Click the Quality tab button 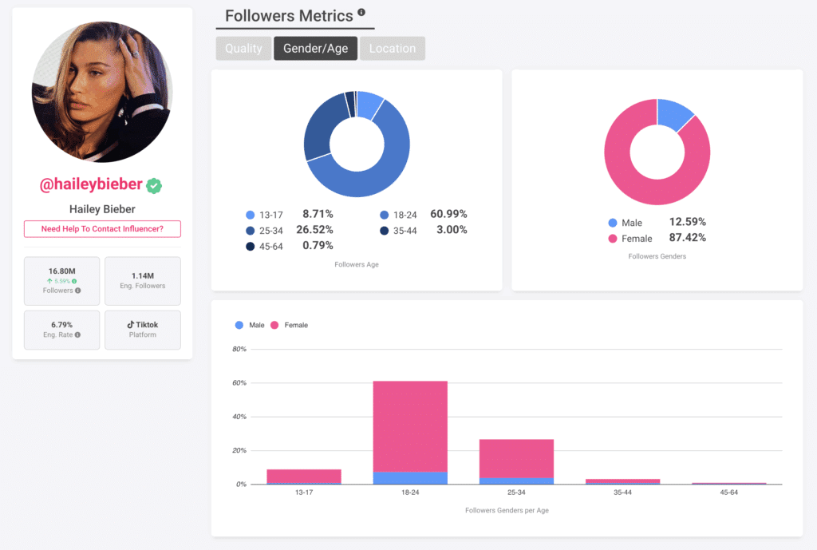point(243,49)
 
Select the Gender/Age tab point(315,49)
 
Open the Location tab point(392,49)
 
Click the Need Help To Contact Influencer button point(102,229)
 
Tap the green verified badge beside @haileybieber point(154,185)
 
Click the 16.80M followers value point(62,271)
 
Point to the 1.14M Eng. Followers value point(143,275)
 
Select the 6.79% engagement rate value point(62,325)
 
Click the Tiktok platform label point(143,325)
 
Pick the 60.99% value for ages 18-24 point(448,214)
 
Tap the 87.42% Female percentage point(687,237)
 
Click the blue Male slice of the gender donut point(673,114)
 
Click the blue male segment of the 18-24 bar point(410,478)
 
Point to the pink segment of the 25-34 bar point(516,458)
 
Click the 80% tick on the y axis point(239,350)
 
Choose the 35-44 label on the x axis point(622,493)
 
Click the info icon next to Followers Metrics point(361,13)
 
